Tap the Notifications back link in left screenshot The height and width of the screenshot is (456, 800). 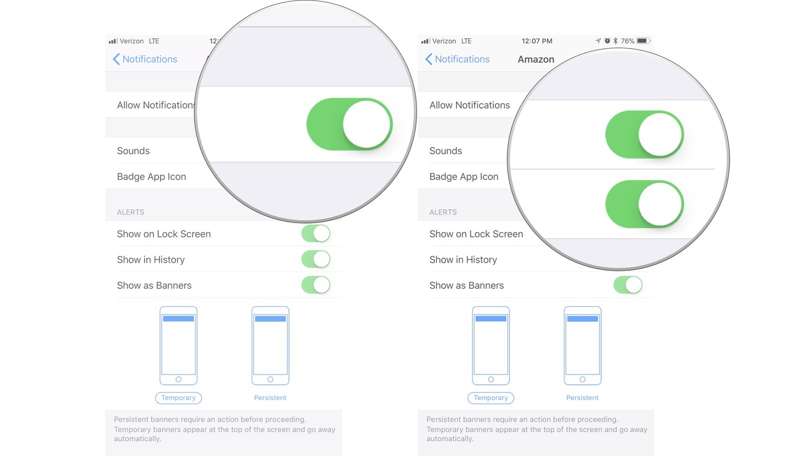[x=145, y=59]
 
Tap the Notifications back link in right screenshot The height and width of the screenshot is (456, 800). [x=457, y=59]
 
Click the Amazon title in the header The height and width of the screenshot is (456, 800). [x=535, y=59]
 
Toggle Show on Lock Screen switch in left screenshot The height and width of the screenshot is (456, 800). [x=315, y=233]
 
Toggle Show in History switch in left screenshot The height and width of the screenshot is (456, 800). [x=315, y=259]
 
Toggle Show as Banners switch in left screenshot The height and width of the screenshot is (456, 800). [x=315, y=285]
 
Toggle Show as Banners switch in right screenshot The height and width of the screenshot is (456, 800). [x=627, y=285]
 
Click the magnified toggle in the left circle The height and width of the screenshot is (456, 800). [x=349, y=124]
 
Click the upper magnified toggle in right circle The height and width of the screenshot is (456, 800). [x=644, y=135]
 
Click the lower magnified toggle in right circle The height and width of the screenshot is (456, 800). [x=644, y=204]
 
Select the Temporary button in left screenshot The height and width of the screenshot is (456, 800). [x=178, y=397]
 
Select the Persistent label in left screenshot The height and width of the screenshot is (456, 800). [x=270, y=397]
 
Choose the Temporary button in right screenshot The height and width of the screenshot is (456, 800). [x=490, y=397]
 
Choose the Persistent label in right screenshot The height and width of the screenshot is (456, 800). [x=582, y=397]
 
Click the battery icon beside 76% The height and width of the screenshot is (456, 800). [x=643, y=41]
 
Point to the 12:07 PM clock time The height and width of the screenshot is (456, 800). [x=536, y=41]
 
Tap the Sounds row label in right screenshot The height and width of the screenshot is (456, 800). [x=445, y=151]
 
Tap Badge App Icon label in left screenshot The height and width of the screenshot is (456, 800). [x=151, y=177]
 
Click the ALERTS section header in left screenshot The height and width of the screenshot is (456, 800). [x=130, y=212]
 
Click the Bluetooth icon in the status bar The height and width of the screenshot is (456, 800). [x=615, y=41]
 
